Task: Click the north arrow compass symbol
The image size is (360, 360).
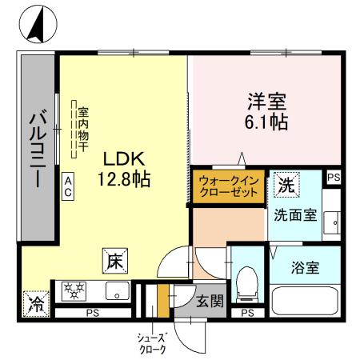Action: (x=34, y=26)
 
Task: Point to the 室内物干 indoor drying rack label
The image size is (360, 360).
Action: (x=82, y=128)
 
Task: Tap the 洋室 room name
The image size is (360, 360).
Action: (x=266, y=102)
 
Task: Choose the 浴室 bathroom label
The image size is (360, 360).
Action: (x=304, y=267)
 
